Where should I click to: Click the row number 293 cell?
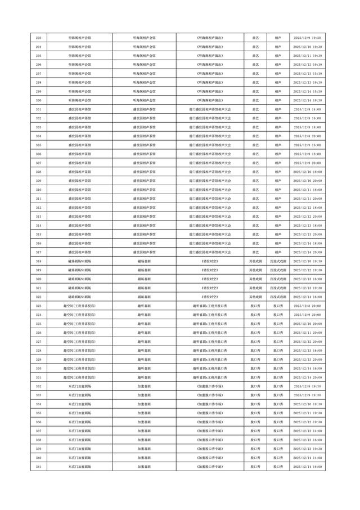(38, 38)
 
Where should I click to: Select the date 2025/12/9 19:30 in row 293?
(308, 38)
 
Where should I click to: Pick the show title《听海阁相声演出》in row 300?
(210, 100)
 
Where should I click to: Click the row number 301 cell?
(38, 109)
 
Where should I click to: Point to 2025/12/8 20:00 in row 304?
(308, 136)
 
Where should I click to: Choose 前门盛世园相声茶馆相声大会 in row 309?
(210, 181)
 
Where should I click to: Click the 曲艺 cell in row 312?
(255, 208)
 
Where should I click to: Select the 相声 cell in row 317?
(278, 252)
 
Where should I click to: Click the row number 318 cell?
(38, 261)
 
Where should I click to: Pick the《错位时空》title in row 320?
(210, 279)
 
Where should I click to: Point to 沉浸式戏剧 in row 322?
(278, 297)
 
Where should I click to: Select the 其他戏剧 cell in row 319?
(255, 270)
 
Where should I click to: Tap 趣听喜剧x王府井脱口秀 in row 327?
(210, 342)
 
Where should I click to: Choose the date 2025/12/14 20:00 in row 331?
(308, 377)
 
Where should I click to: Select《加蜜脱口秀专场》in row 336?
(210, 422)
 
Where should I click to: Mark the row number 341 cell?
(38, 467)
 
